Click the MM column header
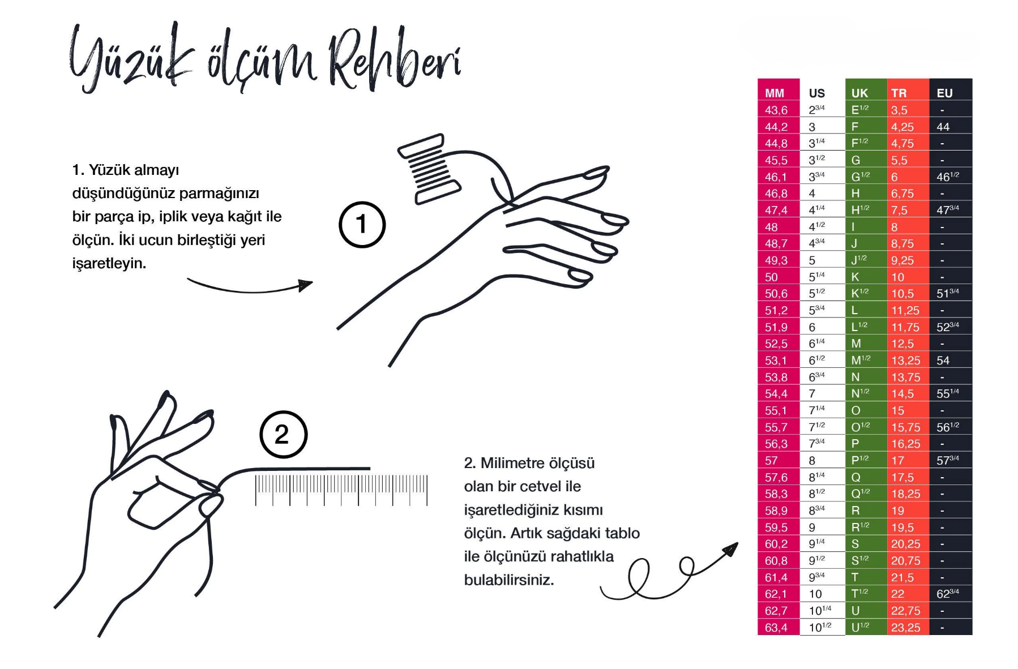[x=775, y=93]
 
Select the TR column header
[x=899, y=93]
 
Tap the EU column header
[x=944, y=93]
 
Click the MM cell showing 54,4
[x=776, y=393]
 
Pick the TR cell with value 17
[x=897, y=460]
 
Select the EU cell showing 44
[x=943, y=127]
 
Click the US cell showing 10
[x=815, y=594]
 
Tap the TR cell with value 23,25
[x=905, y=627]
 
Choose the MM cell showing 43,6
[x=776, y=110]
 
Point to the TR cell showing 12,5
[x=902, y=344]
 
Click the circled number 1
[x=362, y=225]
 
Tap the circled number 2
[x=283, y=435]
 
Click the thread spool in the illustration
[x=429, y=168]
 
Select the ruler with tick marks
[x=341, y=490]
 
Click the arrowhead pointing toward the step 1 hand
[x=306, y=284]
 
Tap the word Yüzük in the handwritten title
[x=131, y=58]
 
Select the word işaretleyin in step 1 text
[x=109, y=263]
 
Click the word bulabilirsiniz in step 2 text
[x=508, y=580]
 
